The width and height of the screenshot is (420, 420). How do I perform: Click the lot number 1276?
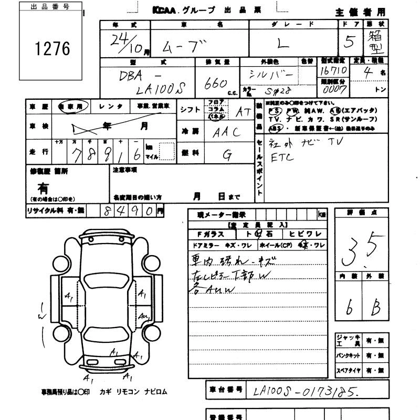coord(52,49)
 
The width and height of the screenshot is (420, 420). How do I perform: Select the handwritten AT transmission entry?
coord(243,111)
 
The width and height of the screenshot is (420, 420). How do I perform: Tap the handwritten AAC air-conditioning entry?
coord(226,132)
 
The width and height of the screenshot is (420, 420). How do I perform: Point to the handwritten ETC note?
coord(283,157)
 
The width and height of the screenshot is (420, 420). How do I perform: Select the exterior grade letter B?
coord(375,309)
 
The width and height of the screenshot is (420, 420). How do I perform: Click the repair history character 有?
coord(43,187)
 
